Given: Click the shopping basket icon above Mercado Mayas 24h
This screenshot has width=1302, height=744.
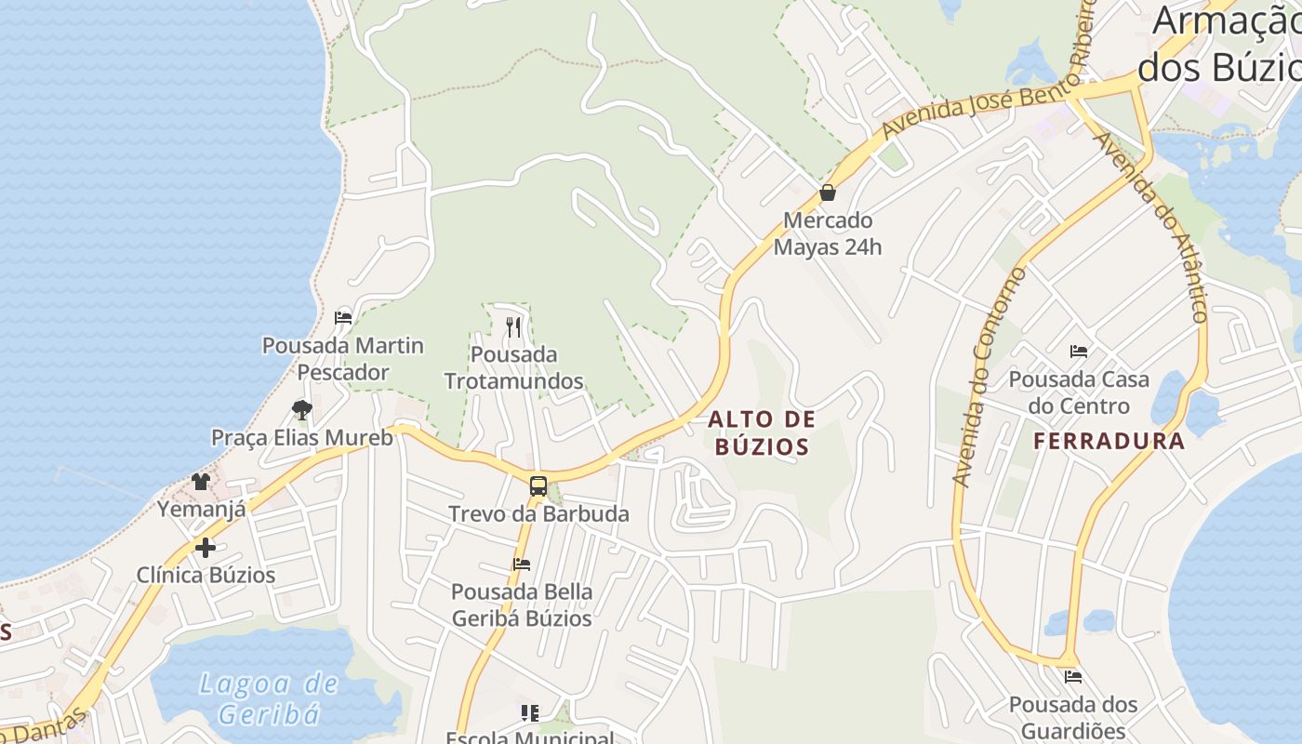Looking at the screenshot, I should pos(828,193).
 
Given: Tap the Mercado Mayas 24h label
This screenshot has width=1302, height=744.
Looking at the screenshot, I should pos(828,233).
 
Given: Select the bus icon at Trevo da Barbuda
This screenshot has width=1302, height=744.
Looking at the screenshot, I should pos(538,485).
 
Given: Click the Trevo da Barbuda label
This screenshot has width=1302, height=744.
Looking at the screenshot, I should pos(538,513).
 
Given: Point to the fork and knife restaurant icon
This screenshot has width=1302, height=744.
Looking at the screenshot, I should pos(512,326).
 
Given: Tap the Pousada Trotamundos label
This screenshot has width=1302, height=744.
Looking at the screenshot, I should pos(513,367).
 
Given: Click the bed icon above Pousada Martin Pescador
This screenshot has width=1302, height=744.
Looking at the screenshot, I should pos(343,317).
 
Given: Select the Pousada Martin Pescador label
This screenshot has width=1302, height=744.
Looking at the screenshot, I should pos(342,359).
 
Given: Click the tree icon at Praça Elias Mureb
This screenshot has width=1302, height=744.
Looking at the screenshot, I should pos(301,409).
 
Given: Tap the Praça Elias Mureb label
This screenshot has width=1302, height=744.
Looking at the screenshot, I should pos(302,437).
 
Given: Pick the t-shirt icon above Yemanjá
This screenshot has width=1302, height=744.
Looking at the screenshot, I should pos(201,481).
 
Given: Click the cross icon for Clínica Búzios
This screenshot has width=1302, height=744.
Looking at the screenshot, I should pos(206,547).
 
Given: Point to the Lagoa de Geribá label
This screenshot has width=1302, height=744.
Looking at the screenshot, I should pos(270,698).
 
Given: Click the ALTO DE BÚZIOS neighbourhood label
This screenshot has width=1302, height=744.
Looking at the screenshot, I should pos(762,432).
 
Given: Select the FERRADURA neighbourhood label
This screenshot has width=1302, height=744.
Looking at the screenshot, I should pos(1109,441).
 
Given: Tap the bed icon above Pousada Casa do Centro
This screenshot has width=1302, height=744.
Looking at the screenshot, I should pos(1079,352).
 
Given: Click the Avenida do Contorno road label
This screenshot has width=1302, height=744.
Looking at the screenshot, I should pos(988,377).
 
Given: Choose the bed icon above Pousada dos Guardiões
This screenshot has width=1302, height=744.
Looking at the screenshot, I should pos(1073,677).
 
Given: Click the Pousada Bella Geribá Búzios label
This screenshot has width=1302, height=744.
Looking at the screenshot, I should pos(522,604).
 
